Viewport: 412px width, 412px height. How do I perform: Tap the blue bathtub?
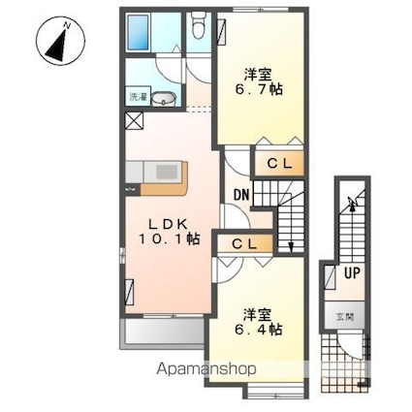139,32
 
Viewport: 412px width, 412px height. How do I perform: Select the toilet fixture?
197,26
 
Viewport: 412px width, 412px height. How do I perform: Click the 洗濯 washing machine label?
139,96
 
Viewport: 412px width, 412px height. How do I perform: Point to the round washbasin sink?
164,99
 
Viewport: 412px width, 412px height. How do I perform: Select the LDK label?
168,224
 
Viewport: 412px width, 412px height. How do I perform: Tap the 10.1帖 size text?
170,239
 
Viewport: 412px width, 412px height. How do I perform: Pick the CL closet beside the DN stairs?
280,164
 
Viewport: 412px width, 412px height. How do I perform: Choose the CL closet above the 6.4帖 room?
244,244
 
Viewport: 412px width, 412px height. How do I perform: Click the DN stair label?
242,195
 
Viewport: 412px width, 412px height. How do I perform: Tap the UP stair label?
352,273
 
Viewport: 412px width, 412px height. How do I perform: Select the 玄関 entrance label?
345,317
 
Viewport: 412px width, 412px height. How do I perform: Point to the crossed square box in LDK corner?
134,121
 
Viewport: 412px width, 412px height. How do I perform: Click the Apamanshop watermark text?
206,369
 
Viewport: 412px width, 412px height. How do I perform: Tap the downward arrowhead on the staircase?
291,247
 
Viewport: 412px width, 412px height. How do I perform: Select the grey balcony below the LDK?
163,333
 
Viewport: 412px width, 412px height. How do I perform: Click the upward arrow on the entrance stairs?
353,204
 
